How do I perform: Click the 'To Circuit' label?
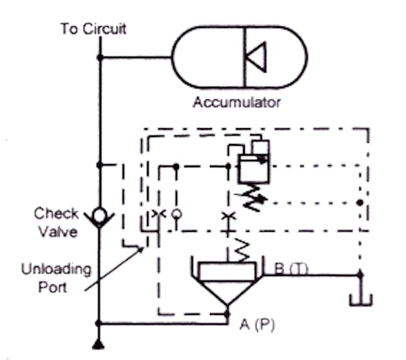93,29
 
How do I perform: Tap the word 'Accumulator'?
237,102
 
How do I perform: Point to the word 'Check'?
56,214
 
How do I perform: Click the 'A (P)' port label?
257,325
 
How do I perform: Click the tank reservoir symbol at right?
360,299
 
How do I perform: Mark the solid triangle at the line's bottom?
98,345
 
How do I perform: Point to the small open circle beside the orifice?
176,214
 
